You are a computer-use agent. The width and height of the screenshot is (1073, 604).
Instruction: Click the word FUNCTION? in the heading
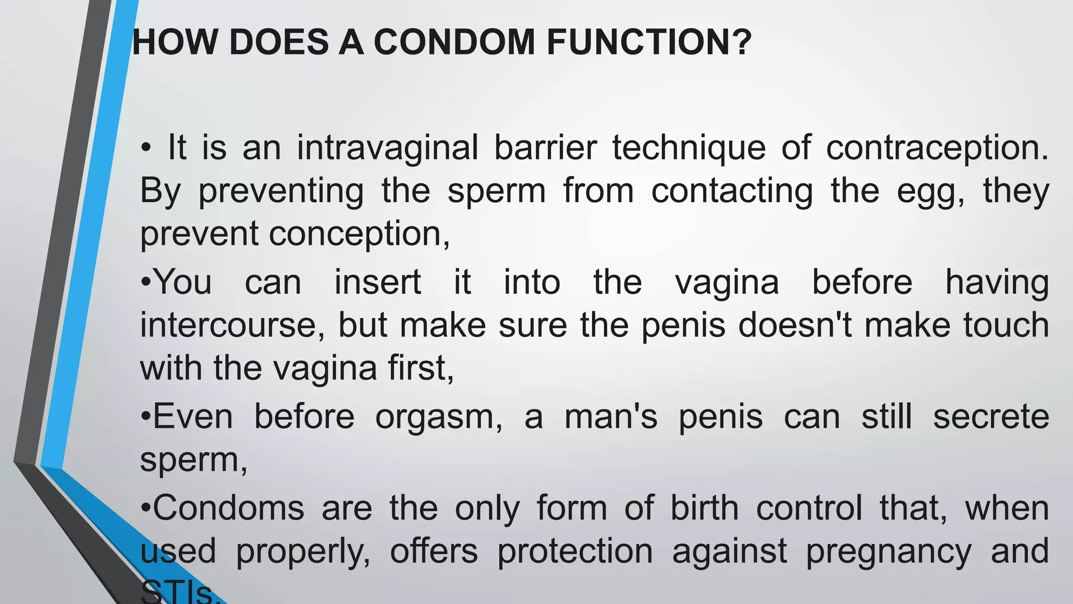click(x=649, y=42)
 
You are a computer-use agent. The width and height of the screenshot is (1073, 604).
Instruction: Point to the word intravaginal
click(x=387, y=147)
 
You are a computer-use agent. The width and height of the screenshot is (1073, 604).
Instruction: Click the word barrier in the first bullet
click(x=545, y=147)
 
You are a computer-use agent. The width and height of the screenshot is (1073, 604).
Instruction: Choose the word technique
click(x=689, y=148)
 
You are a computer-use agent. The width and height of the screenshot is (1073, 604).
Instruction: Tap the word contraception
click(x=937, y=148)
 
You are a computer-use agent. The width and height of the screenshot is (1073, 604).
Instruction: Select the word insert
click(x=378, y=282)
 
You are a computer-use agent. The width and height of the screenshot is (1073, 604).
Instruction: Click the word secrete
click(x=991, y=417)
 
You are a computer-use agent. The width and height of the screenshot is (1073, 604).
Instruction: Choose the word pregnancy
click(x=889, y=552)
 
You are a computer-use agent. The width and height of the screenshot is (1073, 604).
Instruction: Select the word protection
click(x=575, y=552)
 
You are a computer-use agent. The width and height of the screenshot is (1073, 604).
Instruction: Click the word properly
click(x=303, y=552)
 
